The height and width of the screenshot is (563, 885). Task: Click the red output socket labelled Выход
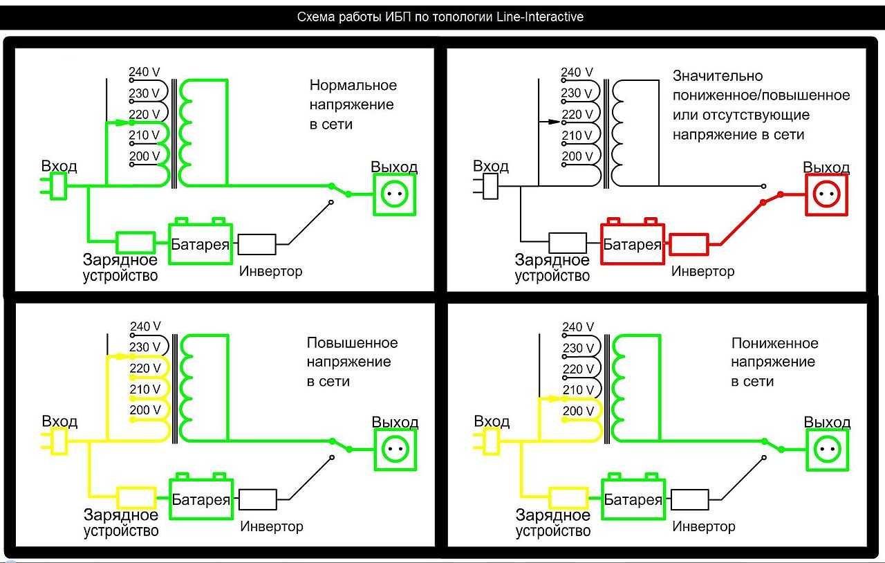(x=826, y=195)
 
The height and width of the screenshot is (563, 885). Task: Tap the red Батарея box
(x=632, y=243)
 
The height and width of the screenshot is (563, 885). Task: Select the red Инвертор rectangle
(x=689, y=243)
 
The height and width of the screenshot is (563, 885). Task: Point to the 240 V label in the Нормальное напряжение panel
(x=145, y=71)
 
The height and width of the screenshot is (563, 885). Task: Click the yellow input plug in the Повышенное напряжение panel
(x=59, y=441)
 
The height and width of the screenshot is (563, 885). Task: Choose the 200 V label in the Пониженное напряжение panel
(x=578, y=411)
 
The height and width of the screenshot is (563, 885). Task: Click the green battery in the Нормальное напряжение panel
(x=200, y=243)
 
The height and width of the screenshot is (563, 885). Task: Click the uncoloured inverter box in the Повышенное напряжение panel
(x=257, y=499)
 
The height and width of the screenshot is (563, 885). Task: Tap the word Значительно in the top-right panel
(x=718, y=75)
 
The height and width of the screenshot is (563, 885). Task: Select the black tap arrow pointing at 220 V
(x=550, y=121)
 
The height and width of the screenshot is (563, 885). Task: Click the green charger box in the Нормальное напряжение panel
(x=135, y=243)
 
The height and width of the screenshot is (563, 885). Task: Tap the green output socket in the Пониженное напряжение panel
(x=827, y=450)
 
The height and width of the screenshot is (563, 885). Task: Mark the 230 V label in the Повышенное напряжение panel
(x=145, y=347)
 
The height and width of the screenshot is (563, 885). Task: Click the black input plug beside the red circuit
(x=490, y=186)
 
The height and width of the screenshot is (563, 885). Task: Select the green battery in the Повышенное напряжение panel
(x=201, y=499)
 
